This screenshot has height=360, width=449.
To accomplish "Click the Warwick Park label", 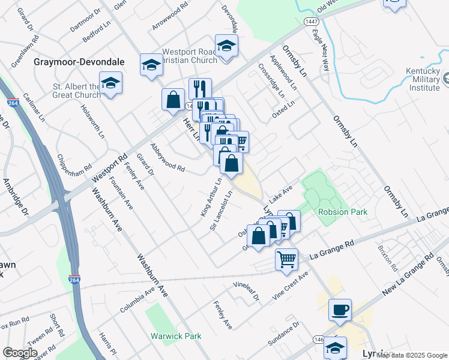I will click(x=176, y=336).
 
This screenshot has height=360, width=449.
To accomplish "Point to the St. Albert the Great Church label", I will click(x=76, y=91).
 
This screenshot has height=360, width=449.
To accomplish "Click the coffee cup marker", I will click(x=340, y=310).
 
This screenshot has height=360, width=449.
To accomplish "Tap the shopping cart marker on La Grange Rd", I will click(x=287, y=259).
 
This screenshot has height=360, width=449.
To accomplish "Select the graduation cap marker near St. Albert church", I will click(x=110, y=83).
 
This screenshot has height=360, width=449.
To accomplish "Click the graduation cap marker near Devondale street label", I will click(x=226, y=46).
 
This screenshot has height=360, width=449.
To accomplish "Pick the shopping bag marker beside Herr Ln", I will click(x=173, y=99).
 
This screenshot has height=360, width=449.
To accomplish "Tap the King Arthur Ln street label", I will click(x=211, y=196).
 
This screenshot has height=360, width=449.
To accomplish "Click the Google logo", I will click(x=20, y=352).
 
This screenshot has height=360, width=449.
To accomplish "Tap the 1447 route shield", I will click(x=310, y=22).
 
